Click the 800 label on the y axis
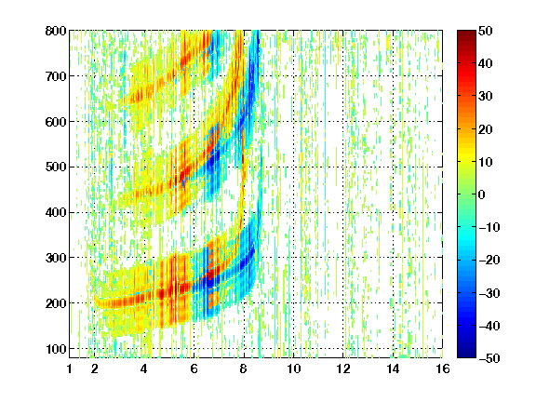point(56,31)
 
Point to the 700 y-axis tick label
point(56,76)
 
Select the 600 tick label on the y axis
point(56,122)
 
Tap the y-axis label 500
point(56,167)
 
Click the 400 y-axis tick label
point(56,212)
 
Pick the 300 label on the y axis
point(56,258)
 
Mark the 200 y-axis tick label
point(56,303)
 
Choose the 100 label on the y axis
point(56,349)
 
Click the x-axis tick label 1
point(70,368)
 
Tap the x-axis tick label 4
point(144,368)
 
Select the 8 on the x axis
point(244,368)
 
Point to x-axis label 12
point(342,368)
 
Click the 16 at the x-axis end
point(443,368)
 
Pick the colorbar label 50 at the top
point(486,31)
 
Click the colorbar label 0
point(482,194)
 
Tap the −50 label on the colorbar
point(489,358)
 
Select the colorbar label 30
point(486,97)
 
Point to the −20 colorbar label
point(489,260)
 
